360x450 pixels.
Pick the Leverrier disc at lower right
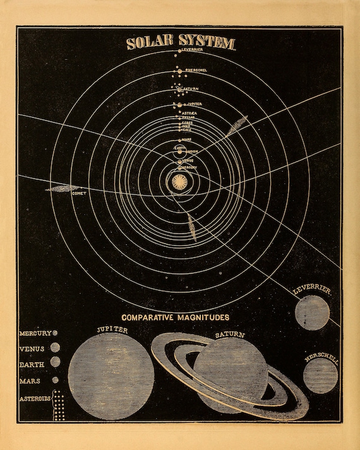click(x=312, y=312)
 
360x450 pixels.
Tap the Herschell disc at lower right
click(x=320, y=375)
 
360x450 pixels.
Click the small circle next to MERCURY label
click(x=56, y=333)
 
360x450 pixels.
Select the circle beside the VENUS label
click(x=56, y=347)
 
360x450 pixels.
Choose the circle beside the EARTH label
click(x=56, y=362)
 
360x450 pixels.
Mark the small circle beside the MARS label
click(x=56, y=380)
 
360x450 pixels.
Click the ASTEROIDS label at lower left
click(x=35, y=398)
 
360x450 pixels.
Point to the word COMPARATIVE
click(x=149, y=317)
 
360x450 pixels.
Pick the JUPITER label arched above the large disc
click(x=112, y=330)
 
